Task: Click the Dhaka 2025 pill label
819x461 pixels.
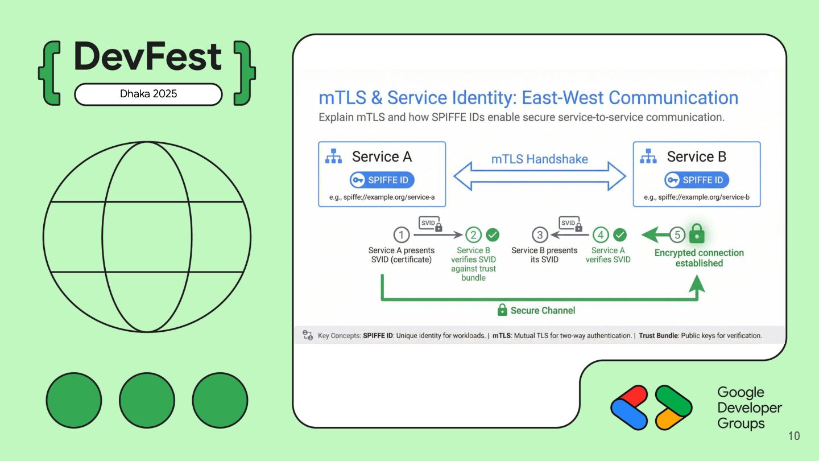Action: (x=148, y=94)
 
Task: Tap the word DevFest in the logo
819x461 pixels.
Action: (x=147, y=57)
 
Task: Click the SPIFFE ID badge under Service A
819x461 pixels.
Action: (x=382, y=180)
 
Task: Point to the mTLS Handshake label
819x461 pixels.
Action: (x=539, y=159)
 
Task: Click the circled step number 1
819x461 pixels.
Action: (x=402, y=234)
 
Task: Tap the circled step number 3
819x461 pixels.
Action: (x=540, y=234)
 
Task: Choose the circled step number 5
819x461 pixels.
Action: (x=677, y=234)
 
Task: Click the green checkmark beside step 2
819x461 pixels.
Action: (x=493, y=234)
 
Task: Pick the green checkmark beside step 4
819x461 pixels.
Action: (x=620, y=234)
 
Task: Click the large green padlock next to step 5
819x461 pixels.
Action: (x=697, y=233)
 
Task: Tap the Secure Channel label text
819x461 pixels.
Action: (x=543, y=310)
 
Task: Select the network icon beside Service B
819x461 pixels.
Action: (x=648, y=157)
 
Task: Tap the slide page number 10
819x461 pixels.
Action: (x=794, y=436)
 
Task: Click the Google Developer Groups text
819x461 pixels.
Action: (x=749, y=408)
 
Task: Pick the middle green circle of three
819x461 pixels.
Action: (x=147, y=400)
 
